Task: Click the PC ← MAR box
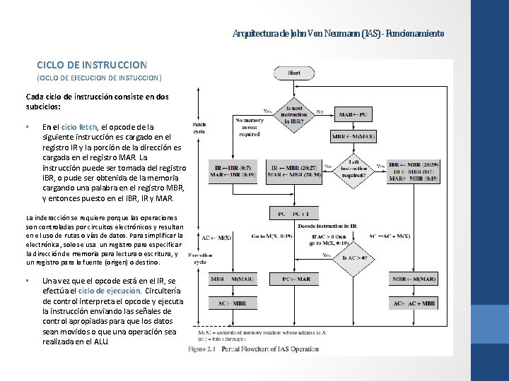(296, 279)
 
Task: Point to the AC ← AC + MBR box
(414, 303)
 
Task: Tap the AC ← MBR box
(232, 303)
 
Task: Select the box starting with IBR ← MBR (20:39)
(414, 171)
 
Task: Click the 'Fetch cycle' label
(199, 128)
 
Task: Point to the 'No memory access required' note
(248, 126)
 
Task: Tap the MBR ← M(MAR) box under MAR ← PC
(356, 135)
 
